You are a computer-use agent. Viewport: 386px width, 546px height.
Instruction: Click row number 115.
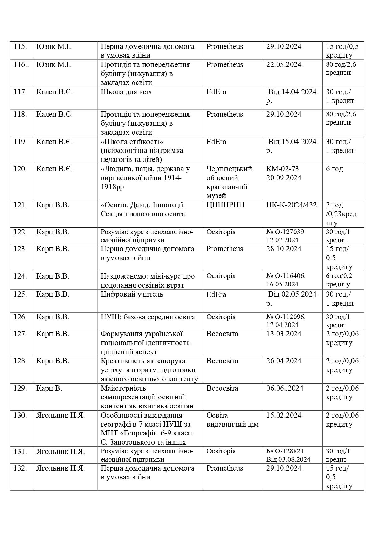click(21, 47)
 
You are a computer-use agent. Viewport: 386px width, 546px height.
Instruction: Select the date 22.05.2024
click(284, 65)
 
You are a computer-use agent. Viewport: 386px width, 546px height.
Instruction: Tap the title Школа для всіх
click(126, 92)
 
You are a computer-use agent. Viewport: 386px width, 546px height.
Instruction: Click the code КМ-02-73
click(282, 169)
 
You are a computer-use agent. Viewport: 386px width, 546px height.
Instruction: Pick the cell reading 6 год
click(334, 169)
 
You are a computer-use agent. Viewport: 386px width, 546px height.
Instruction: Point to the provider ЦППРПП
click(226, 205)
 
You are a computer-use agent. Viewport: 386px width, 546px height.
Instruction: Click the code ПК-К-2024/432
click(291, 205)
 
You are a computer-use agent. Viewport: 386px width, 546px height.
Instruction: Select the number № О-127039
click(285, 232)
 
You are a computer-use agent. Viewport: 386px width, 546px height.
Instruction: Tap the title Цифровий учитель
click(132, 294)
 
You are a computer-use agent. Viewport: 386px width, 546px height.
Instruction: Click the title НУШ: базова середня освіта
click(148, 317)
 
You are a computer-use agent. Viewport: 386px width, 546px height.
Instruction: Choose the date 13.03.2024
click(284, 334)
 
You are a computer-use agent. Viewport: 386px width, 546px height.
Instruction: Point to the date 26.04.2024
click(284, 361)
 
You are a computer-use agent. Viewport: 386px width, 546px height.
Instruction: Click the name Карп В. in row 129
click(49, 388)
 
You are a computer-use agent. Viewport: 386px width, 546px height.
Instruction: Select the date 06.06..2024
click(285, 388)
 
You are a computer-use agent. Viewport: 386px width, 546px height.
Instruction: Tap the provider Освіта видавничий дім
click(232, 420)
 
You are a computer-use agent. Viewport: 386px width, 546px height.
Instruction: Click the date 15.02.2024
click(284, 416)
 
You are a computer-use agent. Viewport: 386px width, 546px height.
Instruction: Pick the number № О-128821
click(285, 451)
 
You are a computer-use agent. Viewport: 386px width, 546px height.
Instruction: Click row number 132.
click(21, 468)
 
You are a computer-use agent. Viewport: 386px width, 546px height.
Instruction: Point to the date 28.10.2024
click(284, 249)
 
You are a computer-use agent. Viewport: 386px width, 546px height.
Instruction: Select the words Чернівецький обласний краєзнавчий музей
click(229, 182)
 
